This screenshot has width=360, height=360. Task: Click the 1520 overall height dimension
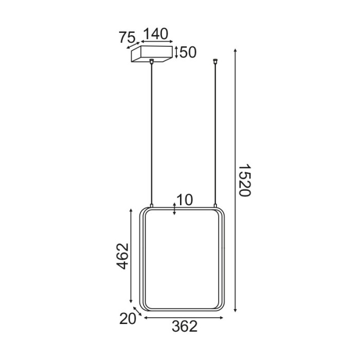[x=244, y=181]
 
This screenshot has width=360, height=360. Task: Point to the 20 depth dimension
[x=127, y=319]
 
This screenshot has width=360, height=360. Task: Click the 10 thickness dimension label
[x=185, y=200]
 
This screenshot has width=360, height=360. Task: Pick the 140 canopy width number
[x=155, y=34]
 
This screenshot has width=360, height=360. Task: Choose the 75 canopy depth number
[x=127, y=38]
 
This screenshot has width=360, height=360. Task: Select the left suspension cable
[x=151, y=134]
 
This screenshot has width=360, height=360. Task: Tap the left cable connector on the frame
[x=151, y=205]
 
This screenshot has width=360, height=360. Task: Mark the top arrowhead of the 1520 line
[x=235, y=50]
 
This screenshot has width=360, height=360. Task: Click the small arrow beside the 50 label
[x=176, y=52]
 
